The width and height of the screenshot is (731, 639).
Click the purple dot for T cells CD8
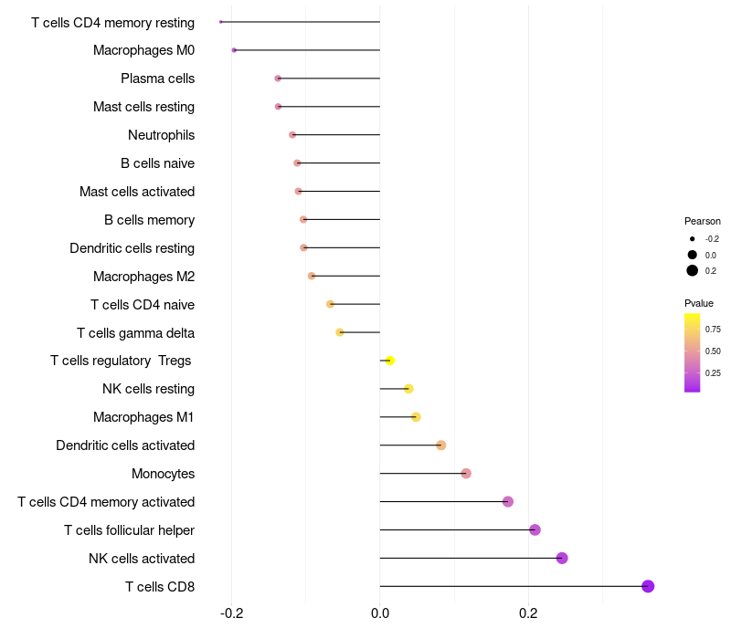[648, 586]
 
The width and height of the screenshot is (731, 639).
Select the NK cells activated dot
[562, 558]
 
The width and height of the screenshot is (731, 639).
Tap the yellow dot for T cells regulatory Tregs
[389, 361]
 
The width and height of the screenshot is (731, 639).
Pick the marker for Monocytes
[466, 473]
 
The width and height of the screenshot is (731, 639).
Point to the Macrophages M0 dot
[234, 50]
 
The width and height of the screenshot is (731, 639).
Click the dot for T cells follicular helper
[535, 529]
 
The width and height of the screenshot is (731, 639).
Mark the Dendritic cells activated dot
[440, 445]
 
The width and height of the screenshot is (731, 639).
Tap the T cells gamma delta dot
[340, 332]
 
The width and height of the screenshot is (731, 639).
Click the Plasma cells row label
[157, 79]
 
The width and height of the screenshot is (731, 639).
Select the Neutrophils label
[161, 135]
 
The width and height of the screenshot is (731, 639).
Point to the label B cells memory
[149, 220]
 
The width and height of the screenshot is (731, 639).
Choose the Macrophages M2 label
[143, 277]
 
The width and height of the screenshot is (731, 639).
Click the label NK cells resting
[148, 389]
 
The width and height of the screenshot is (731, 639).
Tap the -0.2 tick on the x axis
[231, 613]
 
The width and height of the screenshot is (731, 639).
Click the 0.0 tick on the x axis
[380, 613]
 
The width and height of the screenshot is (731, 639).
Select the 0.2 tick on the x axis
[528, 613]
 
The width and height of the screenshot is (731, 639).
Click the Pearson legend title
[702, 221]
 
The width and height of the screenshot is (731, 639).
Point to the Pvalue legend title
[699, 303]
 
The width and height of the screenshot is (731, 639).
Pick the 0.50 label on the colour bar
[713, 351]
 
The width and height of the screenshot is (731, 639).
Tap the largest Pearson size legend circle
[693, 270]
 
